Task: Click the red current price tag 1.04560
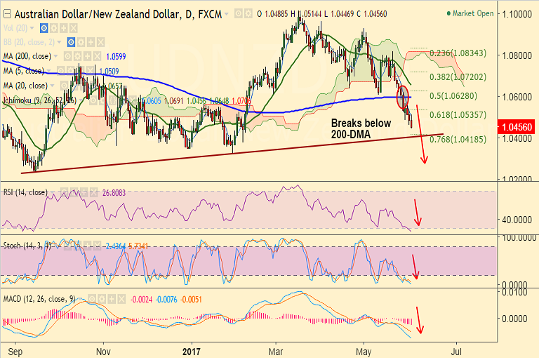(x=517, y=127)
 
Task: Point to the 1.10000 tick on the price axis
(x=517, y=13)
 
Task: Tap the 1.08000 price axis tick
(x=517, y=55)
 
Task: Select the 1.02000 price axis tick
(x=517, y=179)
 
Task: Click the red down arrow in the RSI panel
(x=417, y=212)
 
